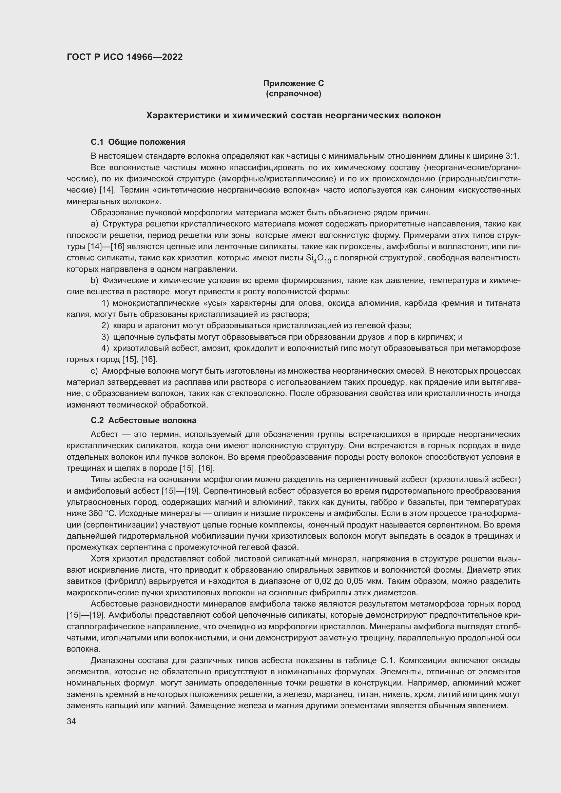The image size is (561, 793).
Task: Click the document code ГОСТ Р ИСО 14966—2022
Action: click(124, 57)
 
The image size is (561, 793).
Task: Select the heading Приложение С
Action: click(293, 83)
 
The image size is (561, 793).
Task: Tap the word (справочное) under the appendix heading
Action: click(293, 94)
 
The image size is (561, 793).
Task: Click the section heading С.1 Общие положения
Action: click(138, 142)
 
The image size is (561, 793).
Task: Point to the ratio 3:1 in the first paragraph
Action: click(512, 156)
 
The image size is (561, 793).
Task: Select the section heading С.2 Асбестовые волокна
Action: click(143, 420)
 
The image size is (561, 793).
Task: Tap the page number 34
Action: click(71, 721)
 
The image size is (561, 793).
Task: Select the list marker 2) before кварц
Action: click(105, 326)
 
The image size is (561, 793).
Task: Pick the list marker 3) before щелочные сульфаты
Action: click(105, 337)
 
